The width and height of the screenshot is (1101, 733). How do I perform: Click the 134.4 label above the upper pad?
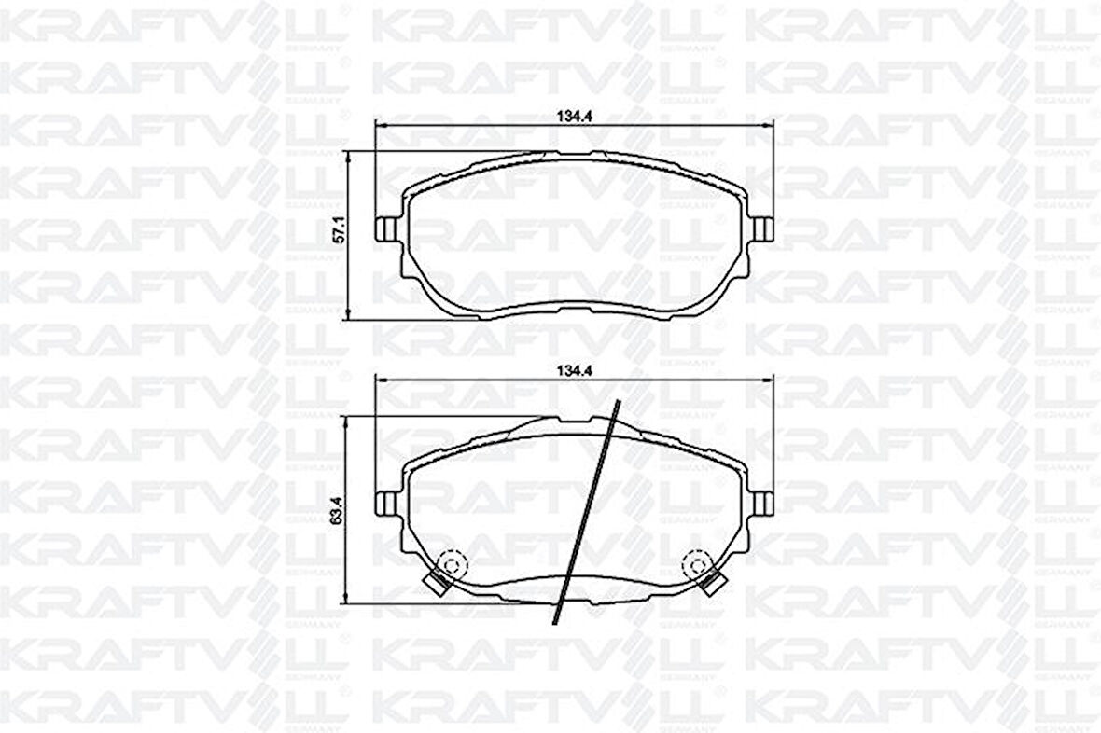[x=575, y=117]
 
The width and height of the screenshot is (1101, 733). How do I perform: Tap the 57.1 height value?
[x=341, y=229]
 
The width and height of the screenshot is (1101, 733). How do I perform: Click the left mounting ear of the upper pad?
[x=384, y=228]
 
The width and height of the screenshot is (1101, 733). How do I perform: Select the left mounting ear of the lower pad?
[x=384, y=504]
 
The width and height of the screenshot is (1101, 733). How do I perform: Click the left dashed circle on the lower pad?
[x=451, y=564]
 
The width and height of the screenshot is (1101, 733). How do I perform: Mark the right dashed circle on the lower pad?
[x=697, y=564]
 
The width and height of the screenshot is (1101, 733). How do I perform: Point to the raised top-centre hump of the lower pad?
[x=574, y=422]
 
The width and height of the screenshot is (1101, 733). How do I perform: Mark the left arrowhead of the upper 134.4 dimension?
[x=379, y=125]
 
